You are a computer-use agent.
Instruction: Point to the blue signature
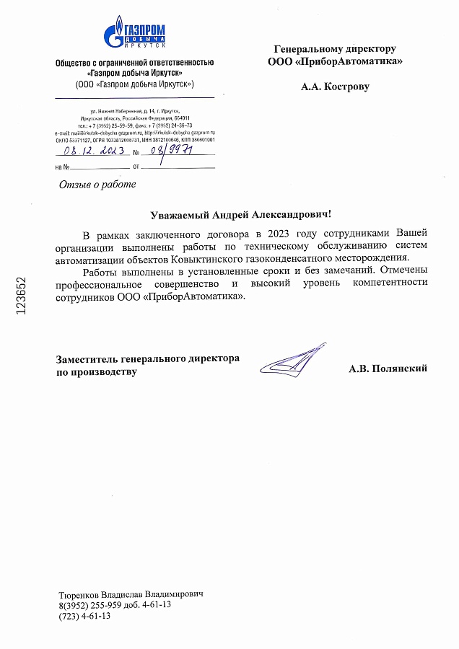tap(289, 361)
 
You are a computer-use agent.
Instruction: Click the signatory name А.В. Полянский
tap(388, 368)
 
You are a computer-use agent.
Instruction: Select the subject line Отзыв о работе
tap(97, 184)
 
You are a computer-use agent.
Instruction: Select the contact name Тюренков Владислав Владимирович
tap(131, 593)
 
